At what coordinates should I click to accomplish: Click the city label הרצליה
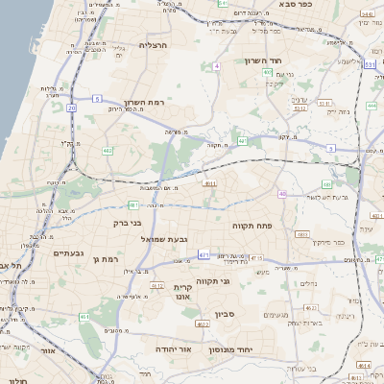click(153, 45)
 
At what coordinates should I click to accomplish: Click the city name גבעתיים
click(45, 252)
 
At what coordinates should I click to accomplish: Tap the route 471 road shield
click(204, 254)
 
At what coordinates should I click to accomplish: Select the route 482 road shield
click(108, 151)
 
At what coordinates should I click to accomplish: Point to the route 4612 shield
click(156, 285)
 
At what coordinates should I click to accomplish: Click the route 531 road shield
click(370, 65)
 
